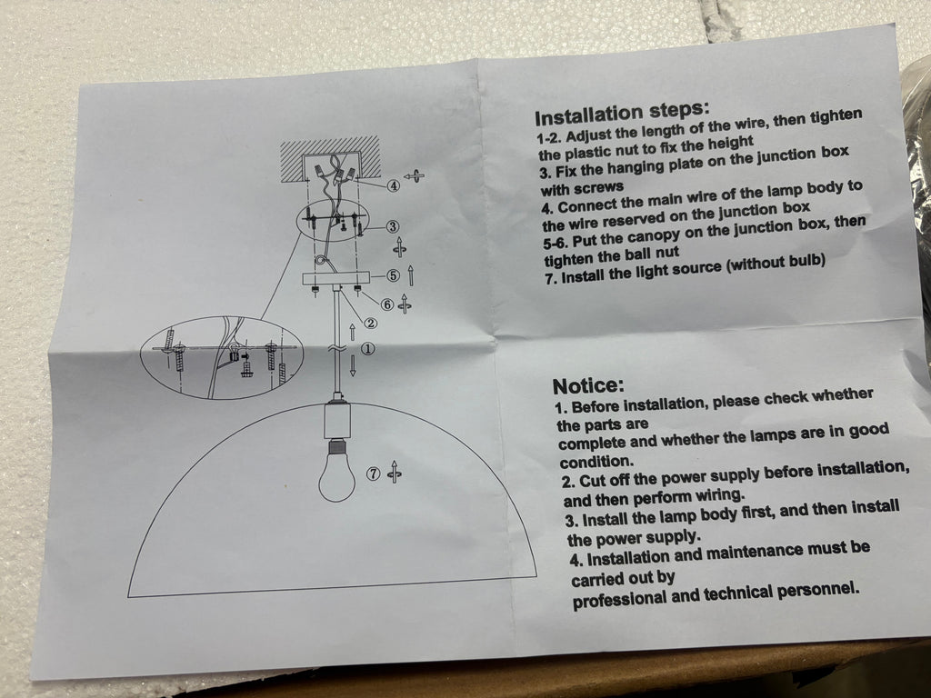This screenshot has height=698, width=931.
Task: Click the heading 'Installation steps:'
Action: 622,114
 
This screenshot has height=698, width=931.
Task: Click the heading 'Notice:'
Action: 588,385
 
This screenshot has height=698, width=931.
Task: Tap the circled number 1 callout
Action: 369,349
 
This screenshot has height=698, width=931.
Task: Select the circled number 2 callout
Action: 371,324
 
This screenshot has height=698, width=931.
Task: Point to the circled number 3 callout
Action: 392,226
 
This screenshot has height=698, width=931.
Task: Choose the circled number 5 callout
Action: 393,274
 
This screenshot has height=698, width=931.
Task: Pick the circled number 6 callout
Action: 387,304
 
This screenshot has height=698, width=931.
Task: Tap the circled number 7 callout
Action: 373,474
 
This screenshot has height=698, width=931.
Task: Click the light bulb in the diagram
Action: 337,473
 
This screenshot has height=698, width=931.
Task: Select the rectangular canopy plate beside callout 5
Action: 336,278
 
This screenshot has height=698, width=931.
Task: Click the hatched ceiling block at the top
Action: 330,158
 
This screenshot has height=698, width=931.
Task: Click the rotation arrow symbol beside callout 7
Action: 394,473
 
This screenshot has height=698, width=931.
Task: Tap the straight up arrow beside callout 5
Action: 411,276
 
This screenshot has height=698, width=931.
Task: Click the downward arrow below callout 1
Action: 353,365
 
